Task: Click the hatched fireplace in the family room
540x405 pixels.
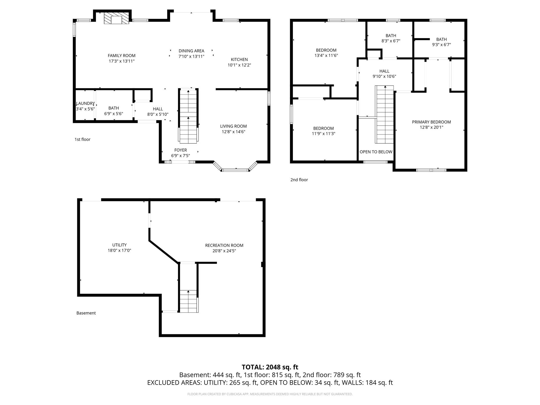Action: coord(116,18)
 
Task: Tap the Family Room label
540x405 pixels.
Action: coord(122,56)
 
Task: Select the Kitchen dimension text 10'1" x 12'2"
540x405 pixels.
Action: coord(239,65)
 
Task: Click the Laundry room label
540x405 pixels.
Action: coord(85,103)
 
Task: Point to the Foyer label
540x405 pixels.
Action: coord(180,150)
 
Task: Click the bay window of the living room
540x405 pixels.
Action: coord(235,170)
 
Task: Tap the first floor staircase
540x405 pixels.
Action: coord(188,116)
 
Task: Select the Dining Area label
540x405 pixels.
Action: coord(191,51)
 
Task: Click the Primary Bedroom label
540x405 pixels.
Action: coord(431,122)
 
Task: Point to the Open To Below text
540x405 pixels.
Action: coord(376,152)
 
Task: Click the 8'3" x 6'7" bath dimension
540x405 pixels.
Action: coord(391,41)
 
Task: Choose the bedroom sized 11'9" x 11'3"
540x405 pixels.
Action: coord(324,131)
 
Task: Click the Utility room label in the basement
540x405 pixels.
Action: coord(119,245)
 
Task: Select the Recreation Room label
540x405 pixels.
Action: coord(224,245)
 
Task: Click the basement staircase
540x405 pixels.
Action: coord(188,301)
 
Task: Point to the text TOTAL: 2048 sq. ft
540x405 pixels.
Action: coord(270,367)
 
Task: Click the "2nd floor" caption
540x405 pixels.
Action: coord(299,180)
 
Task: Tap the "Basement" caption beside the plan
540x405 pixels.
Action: coord(86,313)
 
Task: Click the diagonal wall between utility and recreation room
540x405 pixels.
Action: coord(164,252)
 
